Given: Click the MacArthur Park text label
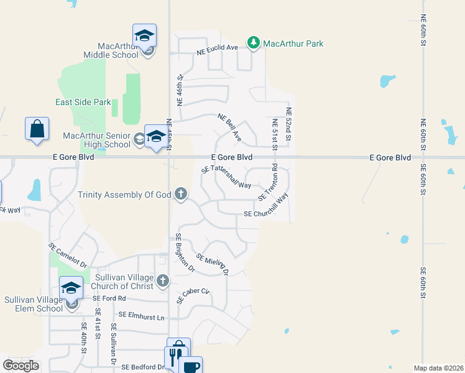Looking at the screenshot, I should click(x=293, y=44).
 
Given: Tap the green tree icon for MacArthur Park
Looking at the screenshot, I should click(x=253, y=42).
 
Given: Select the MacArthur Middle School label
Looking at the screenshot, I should click(x=117, y=50).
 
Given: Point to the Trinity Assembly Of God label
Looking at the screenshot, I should click(x=124, y=195).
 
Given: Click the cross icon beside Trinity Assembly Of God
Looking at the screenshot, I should click(x=181, y=194).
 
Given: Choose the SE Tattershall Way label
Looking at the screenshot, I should click(x=226, y=177).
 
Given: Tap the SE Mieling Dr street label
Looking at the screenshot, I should click(x=213, y=264).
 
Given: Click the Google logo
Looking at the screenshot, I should click(x=21, y=365).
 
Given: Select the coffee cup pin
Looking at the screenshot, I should click(x=191, y=366).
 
